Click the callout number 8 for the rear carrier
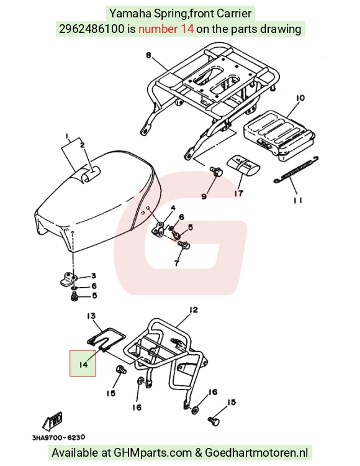pos(149,55)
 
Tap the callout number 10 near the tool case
pos(300,98)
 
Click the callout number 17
pos(238,193)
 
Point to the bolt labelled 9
pos(217,171)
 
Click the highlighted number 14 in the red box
pos(83,364)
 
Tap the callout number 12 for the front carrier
pos(193,310)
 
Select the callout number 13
pos(91,315)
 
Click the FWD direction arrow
pos(53,421)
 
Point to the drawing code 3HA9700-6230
pos(58,437)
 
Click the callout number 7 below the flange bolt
pos(177,263)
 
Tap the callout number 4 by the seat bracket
pos(173,208)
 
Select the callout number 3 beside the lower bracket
pos(94,276)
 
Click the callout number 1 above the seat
pos(68,137)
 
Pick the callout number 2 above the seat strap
pos(82,145)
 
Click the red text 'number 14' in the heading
pos(166,29)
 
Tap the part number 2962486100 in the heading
pos(92,29)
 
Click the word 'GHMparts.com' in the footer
pos(153,453)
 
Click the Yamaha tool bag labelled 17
pos(243,165)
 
